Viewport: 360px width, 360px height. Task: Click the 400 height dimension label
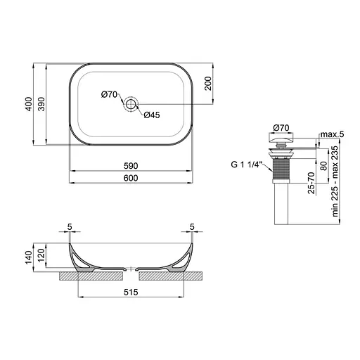click(29, 104)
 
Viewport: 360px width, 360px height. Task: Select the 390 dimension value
click(41, 104)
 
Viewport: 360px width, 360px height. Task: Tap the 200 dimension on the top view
click(208, 84)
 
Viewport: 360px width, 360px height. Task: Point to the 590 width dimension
click(131, 166)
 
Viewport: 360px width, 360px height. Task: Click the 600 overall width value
click(131, 178)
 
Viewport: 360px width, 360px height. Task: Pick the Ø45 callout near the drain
click(152, 115)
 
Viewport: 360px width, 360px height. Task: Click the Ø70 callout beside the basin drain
click(109, 95)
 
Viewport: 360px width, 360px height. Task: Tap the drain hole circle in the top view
click(131, 104)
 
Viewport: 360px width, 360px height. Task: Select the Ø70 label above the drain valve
click(281, 128)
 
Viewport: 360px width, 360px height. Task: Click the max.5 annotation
click(332, 134)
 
